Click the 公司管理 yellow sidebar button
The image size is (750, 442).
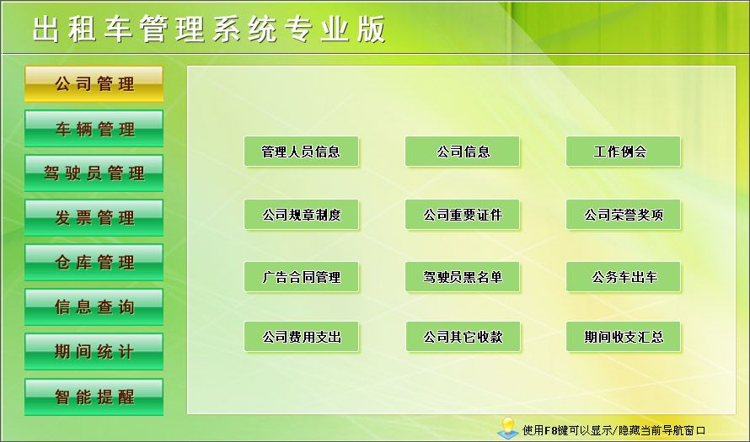[x=94, y=83]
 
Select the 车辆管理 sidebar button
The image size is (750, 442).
[x=94, y=129]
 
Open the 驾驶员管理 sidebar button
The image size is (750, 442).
[x=94, y=173]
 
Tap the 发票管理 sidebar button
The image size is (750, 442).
[x=94, y=218]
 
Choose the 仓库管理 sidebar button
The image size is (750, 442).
[x=94, y=263]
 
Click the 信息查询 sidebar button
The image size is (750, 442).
[x=94, y=306]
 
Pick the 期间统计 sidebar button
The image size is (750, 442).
[x=94, y=352]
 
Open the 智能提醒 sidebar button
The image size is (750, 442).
[x=94, y=397]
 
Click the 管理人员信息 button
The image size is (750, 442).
[x=302, y=152]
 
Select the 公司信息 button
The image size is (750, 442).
[x=463, y=152]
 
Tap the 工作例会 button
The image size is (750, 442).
[x=624, y=152]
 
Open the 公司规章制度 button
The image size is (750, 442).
[x=302, y=215]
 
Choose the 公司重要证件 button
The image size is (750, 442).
[x=463, y=215]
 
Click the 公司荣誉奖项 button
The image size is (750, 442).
[x=624, y=215]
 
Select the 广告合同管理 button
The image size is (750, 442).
[x=302, y=277]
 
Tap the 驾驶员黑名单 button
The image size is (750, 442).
[x=463, y=277]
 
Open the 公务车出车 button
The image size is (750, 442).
[x=624, y=277]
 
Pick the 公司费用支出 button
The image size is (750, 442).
[x=302, y=337]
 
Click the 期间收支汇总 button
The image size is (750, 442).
[x=624, y=337]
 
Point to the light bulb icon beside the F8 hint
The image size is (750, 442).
[x=508, y=428]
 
